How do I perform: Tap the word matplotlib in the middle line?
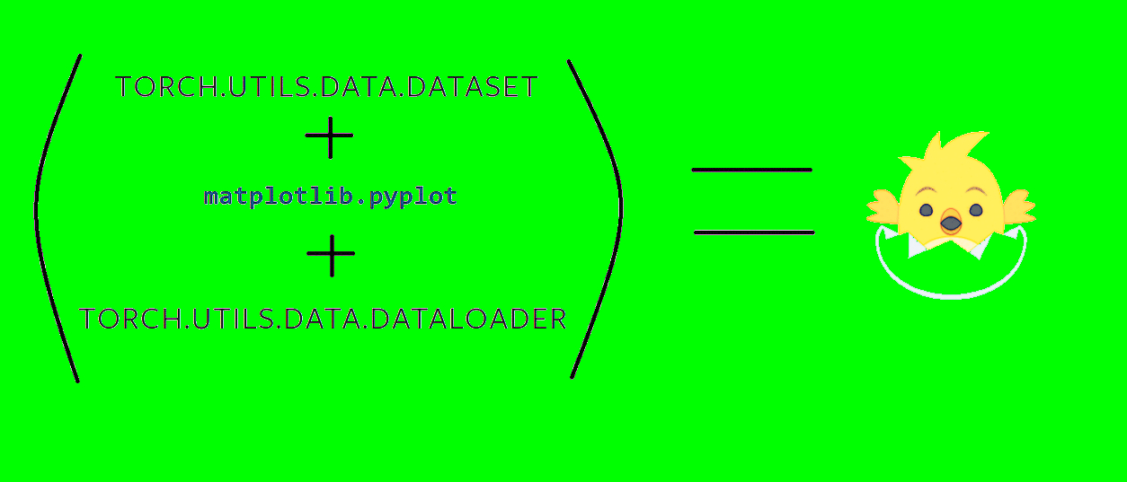[x=264, y=197]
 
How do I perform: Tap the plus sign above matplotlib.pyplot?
[x=330, y=136]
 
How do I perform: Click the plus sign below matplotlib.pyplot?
[x=331, y=255]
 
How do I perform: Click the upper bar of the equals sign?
[x=751, y=170]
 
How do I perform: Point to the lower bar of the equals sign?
[x=754, y=232]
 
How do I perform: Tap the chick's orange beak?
[x=950, y=221]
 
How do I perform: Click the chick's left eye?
[x=926, y=210]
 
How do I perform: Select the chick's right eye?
[x=976, y=210]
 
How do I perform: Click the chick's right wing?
[x=1017, y=206]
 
